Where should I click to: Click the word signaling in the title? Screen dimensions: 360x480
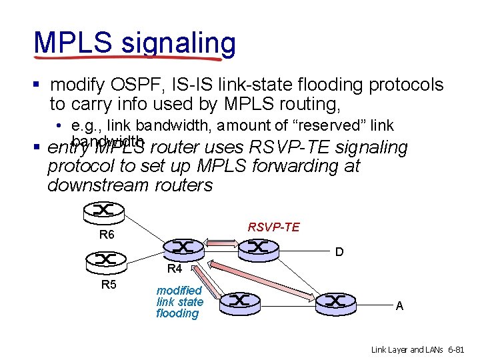click(178, 43)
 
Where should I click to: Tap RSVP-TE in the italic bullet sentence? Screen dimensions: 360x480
click(290, 147)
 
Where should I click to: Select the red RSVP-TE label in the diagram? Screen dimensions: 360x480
click(273, 227)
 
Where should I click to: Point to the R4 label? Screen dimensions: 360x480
click(175, 269)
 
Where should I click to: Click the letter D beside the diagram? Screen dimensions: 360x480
click(339, 253)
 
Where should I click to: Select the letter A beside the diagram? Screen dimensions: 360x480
click(399, 306)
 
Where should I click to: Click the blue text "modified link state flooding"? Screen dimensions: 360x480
click(179, 302)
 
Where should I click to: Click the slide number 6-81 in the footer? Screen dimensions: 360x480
click(455, 349)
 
